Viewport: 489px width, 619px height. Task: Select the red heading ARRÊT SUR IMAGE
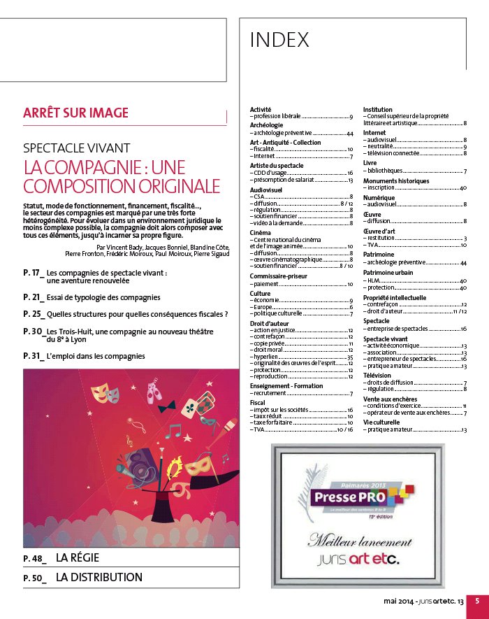(75, 113)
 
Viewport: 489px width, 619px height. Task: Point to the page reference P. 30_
(34, 331)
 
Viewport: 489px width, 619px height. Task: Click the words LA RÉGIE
(78, 557)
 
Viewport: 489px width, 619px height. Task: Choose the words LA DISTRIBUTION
(98, 578)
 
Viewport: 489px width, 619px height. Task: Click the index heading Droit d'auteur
(269, 324)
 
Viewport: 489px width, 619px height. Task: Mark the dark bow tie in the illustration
(166, 406)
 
